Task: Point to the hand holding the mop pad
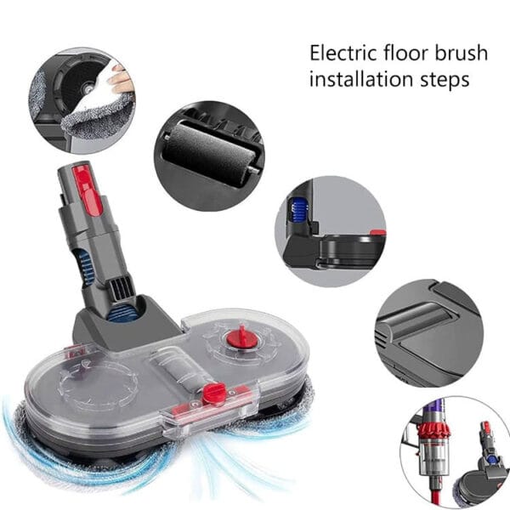[x=118, y=79]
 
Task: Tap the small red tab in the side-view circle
[x=378, y=232]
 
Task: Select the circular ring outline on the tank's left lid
[x=97, y=383]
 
